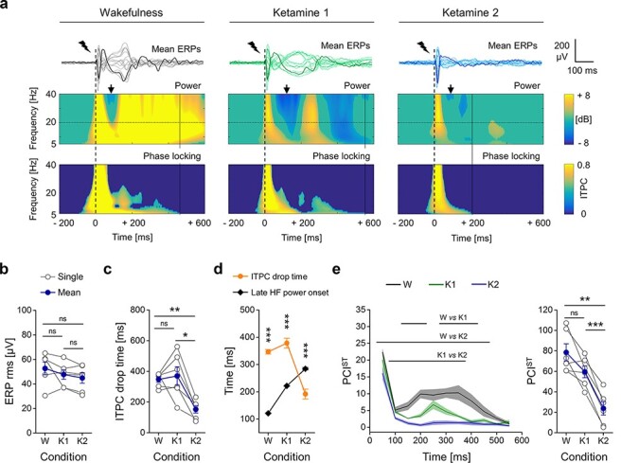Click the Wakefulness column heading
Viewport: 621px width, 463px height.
click(131, 12)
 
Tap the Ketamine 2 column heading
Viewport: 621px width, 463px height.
click(470, 12)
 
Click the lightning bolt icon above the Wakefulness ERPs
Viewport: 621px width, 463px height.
click(84, 46)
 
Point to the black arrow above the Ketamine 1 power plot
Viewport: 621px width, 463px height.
click(287, 89)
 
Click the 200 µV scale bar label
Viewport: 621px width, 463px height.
click(561, 51)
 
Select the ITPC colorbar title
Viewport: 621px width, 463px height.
click(583, 188)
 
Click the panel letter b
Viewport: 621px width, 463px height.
click(5, 269)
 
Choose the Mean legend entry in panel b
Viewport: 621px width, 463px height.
click(61, 293)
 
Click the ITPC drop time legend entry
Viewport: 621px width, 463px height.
click(270, 276)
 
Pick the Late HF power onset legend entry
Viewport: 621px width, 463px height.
click(281, 293)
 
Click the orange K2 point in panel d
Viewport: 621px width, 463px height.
click(305, 394)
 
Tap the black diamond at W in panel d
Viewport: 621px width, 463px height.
click(268, 414)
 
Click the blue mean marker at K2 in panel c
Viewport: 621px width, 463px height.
click(195, 410)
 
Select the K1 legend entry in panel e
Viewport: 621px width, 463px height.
click(442, 284)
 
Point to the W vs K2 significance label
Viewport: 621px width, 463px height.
click(453, 336)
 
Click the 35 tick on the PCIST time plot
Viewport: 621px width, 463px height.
click(360, 310)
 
